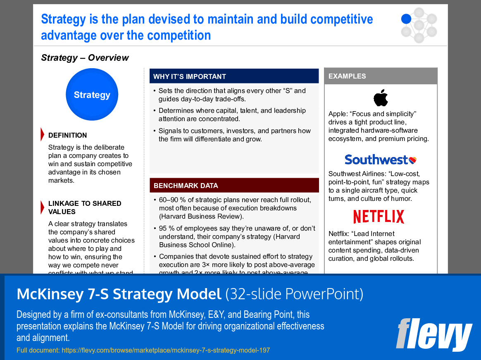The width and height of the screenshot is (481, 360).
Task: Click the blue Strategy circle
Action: pyautogui.click(x=92, y=95)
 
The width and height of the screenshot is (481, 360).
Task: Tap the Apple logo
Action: pyautogui.click(x=381, y=98)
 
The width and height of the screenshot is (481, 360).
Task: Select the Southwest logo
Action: pyautogui.click(x=380, y=160)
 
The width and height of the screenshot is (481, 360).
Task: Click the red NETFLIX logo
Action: pyautogui.click(x=379, y=217)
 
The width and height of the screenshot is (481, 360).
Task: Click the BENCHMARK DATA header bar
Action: pyautogui.click(x=234, y=186)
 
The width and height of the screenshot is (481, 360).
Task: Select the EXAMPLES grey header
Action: pyautogui.click(x=380, y=76)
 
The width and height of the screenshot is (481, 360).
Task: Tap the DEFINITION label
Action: pyautogui.click(x=67, y=135)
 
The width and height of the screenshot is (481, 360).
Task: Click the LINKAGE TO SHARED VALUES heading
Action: pyautogui.click(x=85, y=207)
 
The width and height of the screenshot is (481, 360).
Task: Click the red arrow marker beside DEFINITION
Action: pyautogui.click(x=42, y=134)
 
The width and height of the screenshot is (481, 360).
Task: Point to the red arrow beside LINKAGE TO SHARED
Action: pyautogui.click(x=42, y=207)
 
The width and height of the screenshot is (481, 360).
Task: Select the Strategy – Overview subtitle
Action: pyautogui.click(x=85, y=58)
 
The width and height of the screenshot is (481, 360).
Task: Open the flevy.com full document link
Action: pyautogui.click(x=165, y=350)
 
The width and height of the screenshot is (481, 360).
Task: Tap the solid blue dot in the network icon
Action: pyautogui.click(x=406, y=19)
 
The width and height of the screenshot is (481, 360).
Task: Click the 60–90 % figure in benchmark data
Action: pyautogui.click(x=173, y=200)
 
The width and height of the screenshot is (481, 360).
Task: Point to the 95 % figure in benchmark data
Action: pyautogui.click(x=167, y=229)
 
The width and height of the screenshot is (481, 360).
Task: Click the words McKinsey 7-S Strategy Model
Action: pyautogui.click(x=119, y=294)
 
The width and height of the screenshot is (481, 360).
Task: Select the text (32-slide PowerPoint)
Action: pyautogui.click(x=294, y=294)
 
